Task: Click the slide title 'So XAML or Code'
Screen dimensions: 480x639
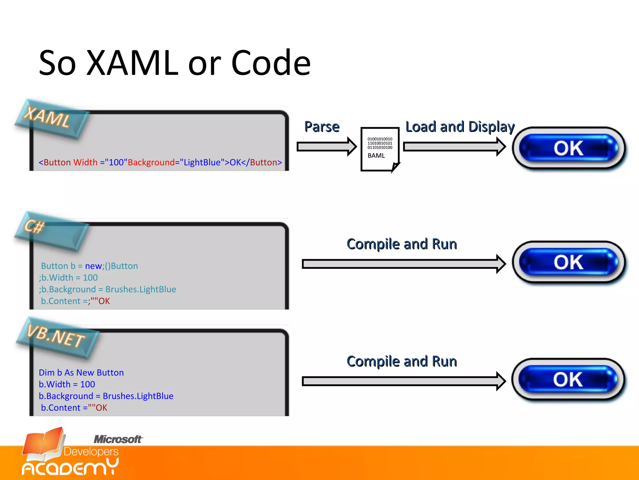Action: point(175,63)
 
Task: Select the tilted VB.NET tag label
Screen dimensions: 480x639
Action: point(56,337)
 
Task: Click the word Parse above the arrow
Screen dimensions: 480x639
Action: point(322,127)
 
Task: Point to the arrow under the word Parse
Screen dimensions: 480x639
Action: point(326,146)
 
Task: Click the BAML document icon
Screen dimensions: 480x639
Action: point(380,149)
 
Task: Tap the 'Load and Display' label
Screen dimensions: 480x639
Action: point(460,127)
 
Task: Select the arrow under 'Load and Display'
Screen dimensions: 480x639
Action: point(454,146)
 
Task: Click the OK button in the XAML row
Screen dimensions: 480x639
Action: point(568,148)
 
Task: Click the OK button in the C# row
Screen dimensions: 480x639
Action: point(568,262)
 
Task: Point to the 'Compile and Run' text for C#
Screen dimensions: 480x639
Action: point(402,244)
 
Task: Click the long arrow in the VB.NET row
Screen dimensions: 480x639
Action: point(403,381)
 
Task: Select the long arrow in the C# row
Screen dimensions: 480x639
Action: point(403,264)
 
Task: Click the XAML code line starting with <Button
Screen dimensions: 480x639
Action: point(160,162)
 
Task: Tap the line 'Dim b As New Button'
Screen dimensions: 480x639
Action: point(81,372)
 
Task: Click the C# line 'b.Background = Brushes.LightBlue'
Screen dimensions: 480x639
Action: point(108,289)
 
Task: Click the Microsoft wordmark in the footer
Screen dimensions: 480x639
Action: point(118,439)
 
